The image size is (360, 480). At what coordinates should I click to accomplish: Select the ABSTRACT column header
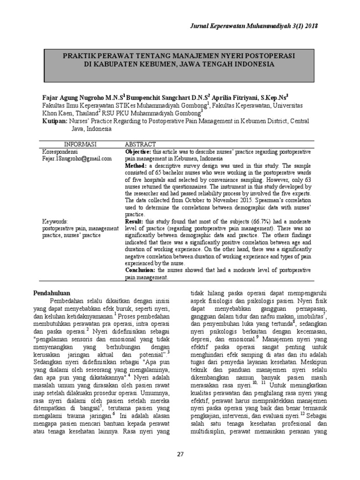[140, 144]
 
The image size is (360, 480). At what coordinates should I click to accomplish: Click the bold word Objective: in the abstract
[138, 152]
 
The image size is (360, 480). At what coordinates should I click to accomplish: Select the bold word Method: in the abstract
[135, 166]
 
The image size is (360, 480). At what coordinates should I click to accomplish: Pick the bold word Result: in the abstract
[135, 221]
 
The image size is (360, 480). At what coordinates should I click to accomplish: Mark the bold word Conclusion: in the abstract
[141, 271]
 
